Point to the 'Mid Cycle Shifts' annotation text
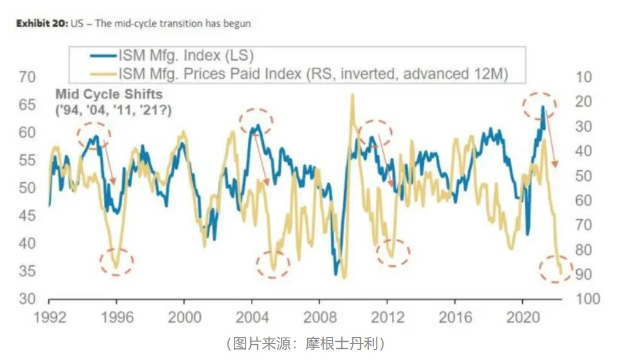109,94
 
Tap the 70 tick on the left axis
27,77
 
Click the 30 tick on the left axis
27,298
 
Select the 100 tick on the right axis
588,298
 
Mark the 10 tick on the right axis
584,77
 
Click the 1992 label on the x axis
49,317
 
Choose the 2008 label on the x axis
320,317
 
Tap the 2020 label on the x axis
523,317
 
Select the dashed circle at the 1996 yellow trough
116,261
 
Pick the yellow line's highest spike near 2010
352,95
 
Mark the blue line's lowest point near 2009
336,274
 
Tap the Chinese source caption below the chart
305,344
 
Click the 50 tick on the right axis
584,176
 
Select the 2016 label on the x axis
455,317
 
